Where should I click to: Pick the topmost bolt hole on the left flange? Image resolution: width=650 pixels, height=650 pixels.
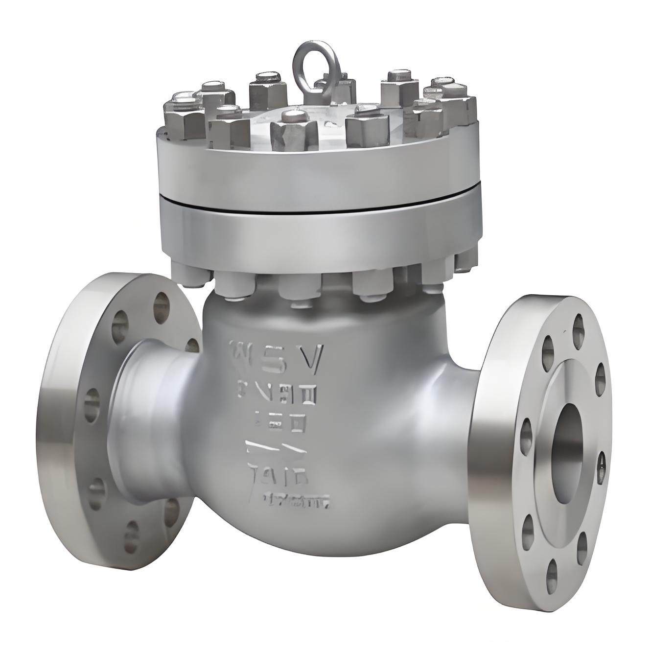(160, 306)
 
